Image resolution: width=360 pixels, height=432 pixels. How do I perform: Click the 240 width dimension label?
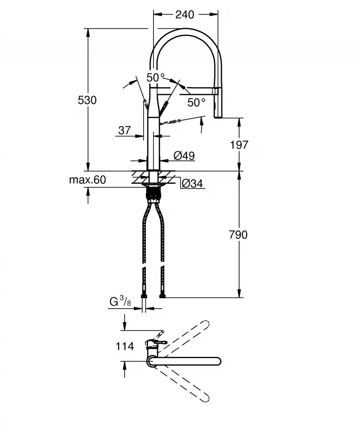coord(184,15)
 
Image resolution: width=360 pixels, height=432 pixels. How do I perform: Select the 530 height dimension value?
coord(87,100)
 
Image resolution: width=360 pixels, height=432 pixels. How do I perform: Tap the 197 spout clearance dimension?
coord(239,145)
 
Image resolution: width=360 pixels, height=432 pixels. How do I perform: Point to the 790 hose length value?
coord(238,235)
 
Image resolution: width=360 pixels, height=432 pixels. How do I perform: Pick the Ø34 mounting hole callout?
coord(192,184)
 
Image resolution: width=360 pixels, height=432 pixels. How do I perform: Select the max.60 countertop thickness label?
coord(87,180)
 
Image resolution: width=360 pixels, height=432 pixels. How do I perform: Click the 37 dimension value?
coord(124,131)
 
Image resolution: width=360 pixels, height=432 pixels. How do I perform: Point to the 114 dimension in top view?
coord(125,346)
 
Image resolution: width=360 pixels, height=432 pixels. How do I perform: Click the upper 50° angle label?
coord(156,77)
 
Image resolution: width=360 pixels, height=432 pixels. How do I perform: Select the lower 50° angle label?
coord(197,103)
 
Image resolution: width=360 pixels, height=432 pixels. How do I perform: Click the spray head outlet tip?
coord(218,116)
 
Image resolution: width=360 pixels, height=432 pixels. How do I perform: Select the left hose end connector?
coord(144,296)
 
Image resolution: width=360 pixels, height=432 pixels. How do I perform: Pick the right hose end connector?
coord(162,296)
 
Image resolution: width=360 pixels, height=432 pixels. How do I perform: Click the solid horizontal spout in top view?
coord(189,361)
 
